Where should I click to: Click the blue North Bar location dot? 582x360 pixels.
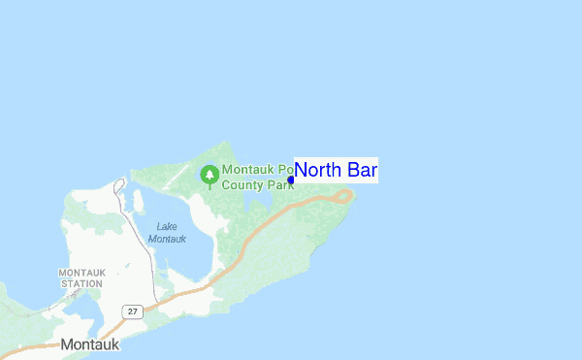[x=291, y=180]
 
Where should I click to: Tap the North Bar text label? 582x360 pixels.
[x=336, y=171]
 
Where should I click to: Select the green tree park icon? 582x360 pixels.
[x=209, y=175]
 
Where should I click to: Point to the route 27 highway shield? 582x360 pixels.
[x=132, y=311]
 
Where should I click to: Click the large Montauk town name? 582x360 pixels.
[x=90, y=344]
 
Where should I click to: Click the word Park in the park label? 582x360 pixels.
[x=280, y=182]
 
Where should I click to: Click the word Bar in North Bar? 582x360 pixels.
[x=360, y=171]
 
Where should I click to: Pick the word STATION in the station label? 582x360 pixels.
[x=81, y=283]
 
